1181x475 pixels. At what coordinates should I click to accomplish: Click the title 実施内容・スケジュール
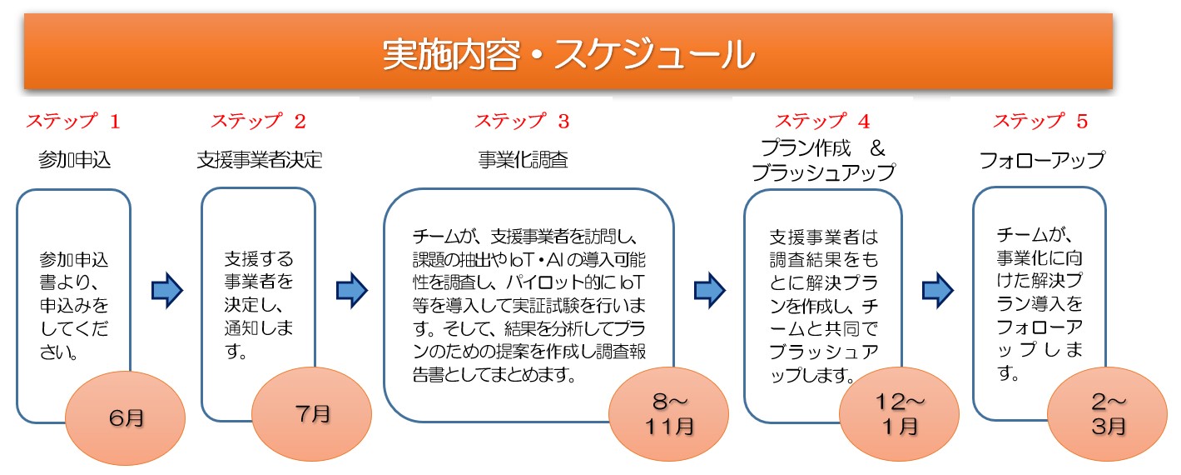coord(568,54)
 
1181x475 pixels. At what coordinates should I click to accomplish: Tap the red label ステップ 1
coord(73,122)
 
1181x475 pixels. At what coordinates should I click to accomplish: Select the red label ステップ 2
coord(258,122)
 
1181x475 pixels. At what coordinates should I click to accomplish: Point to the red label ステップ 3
coord(522,122)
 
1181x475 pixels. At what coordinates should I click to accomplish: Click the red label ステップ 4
coord(822,122)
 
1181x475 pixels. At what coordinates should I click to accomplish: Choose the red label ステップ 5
coord(1040,122)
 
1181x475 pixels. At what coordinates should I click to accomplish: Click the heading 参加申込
coord(74,159)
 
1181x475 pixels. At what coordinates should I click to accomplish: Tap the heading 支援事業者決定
coord(260,159)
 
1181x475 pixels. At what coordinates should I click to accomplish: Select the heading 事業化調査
coord(523,159)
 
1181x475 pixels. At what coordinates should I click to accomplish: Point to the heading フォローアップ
coord(1042,160)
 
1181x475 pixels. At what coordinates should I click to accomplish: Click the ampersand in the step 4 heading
coord(877,148)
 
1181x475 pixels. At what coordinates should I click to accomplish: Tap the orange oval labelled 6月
coord(125,418)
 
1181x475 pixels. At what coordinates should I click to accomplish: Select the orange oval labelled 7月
coord(311,414)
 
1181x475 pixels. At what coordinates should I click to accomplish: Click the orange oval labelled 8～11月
coord(668,414)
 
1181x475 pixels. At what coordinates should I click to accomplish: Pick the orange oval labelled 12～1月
coord(899,414)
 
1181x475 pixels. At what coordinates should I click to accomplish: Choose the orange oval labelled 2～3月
coord(1107,414)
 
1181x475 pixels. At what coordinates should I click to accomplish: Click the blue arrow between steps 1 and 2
coord(167,290)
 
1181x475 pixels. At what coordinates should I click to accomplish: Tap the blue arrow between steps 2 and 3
coord(352,290)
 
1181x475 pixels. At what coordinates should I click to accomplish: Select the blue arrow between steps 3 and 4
coord(710,290)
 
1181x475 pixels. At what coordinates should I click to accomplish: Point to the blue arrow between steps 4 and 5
coord(938,290)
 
